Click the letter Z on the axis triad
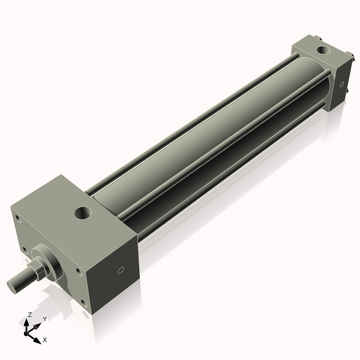point(29,314)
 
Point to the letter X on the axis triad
point(45,340)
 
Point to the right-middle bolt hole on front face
point(78,270)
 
